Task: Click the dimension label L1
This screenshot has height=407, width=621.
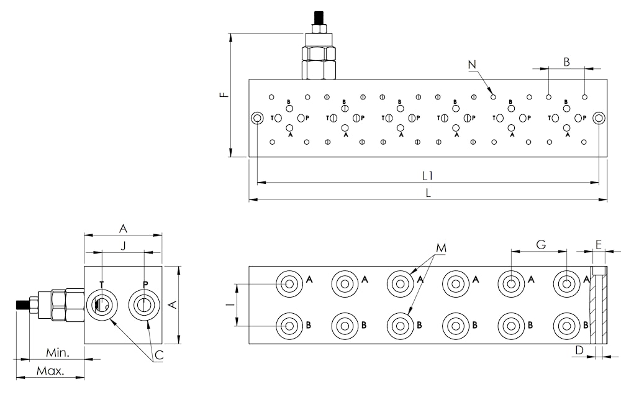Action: [428, 176]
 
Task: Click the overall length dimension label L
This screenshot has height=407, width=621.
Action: [428, 193]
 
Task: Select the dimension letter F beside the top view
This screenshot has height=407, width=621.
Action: [225, 94]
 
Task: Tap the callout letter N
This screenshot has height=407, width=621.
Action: [472, 65]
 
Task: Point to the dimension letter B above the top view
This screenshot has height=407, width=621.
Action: [566, 62]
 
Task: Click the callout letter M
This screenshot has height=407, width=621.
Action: [441, 248]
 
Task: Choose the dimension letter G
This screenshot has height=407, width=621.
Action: [541, 245]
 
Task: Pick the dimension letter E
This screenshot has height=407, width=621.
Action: [599, 245]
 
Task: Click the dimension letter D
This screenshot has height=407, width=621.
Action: [579, 350]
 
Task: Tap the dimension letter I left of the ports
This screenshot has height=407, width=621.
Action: [232, 304]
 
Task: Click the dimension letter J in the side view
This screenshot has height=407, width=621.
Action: [123, 247]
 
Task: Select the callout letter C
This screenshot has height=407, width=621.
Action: [159, 355]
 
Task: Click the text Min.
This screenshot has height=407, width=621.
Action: [58, 352]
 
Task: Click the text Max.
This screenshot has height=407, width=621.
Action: [50, 371]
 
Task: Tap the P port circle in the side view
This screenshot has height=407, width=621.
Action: [145, 304]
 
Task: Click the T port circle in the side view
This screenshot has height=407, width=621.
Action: [102, 304]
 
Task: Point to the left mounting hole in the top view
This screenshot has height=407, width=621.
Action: [258, 118]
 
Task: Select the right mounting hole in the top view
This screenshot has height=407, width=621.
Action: [599, 118]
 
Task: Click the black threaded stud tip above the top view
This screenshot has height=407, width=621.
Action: [318, 18]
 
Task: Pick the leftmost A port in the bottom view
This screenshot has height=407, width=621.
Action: [289, 284]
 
